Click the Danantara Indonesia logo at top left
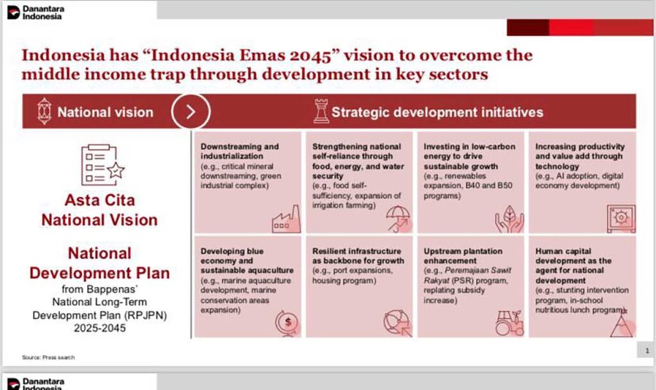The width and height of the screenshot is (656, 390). pyautogui.click(x=35, y=13)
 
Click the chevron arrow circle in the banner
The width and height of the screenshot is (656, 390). pyautogui.click(x=190, y=111)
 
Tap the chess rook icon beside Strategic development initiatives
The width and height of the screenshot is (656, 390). pyautogui.click(x=321, y=111)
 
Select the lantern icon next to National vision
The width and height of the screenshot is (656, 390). pyautogui.click(x=44, y=111)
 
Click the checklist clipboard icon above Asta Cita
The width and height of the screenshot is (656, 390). pyautogui.click(x=102, y=165)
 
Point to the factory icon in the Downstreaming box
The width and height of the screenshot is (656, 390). pyautogui.click(x=286, y=219)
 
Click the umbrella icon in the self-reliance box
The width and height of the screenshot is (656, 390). pyautogui.click(x=398, y=218)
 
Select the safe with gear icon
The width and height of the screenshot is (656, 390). pyautogui.click(x=621, y=218)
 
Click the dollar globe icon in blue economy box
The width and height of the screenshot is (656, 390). pyautogui.click(x=287, y=323)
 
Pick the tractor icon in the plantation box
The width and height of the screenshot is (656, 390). pyautogui.click(x=509, y=323)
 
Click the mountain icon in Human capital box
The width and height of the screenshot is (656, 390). pyautogui.click(x=622, y=325)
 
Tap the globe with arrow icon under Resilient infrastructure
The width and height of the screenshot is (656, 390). pyautogui.click(x=398, y=323)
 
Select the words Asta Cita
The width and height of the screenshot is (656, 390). pyautogui.click(x=99, y=200)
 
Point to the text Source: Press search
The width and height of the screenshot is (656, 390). pyautogui.click(x=49, y=357)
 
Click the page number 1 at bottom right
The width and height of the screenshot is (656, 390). pyautogui.click(x=647, y=350)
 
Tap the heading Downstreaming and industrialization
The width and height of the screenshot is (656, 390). pyautogui.click(x=240, y=151)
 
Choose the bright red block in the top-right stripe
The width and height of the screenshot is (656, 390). pyautogui.click(x=571, y=28)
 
